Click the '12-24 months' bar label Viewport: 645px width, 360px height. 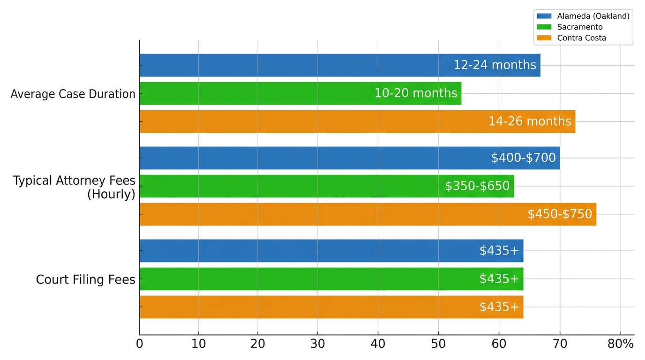(495, 65)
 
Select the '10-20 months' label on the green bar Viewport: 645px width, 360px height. (415, 93)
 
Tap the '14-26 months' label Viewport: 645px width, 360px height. (530, 121)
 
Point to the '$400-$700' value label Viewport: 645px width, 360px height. (523, 158)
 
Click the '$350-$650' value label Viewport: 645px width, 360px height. (477, 186)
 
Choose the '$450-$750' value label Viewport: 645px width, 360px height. (560, 214)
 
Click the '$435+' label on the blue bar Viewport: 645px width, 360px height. (499, 251)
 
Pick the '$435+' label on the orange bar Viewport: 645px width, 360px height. (499, 307)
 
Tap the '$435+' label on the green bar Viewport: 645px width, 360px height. (499, 279)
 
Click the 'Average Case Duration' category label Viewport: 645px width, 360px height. (73, 94)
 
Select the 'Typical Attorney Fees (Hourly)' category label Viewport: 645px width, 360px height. (74, 187)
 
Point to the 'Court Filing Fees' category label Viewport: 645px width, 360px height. (85, 280)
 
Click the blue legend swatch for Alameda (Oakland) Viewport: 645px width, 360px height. (544, 16)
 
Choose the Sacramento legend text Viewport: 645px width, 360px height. (580, 27)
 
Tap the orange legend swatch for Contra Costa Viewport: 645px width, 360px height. (544, 38)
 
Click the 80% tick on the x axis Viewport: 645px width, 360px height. (621, 344)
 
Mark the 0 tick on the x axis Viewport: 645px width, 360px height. (139, 344)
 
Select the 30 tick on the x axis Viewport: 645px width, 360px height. (318, 344)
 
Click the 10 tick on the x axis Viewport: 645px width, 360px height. (198, 344)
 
